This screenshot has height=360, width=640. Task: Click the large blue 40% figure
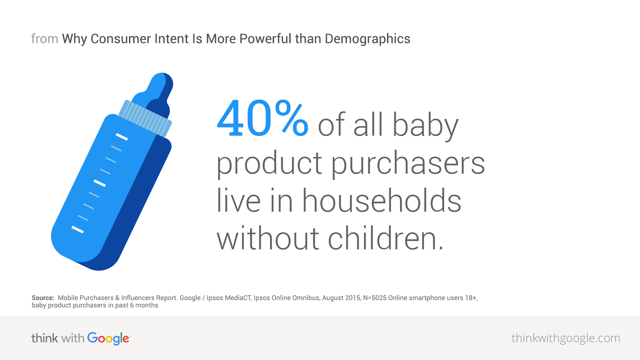(x=262, y=119)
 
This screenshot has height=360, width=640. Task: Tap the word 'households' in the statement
(x=381, y=201)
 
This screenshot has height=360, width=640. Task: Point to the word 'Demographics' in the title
(x=367, y=39)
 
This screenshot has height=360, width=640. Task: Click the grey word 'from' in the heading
(x=44, y=39)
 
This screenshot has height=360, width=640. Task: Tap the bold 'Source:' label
(x=43, y=298)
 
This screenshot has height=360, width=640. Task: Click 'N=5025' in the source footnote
(x=375, y=298)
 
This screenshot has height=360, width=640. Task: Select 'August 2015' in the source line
(x=341, y=298)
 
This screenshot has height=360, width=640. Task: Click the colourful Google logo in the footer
(x=108, y=338)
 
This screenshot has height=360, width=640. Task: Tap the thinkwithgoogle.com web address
(x=565, y=338)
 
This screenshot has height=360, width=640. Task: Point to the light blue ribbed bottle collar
(x=145, y=118)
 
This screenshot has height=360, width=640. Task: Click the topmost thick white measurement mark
(x=122, y=137)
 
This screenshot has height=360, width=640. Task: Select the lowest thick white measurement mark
(x=77, y=229)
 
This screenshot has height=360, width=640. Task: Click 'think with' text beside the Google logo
(x=58, y=338)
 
